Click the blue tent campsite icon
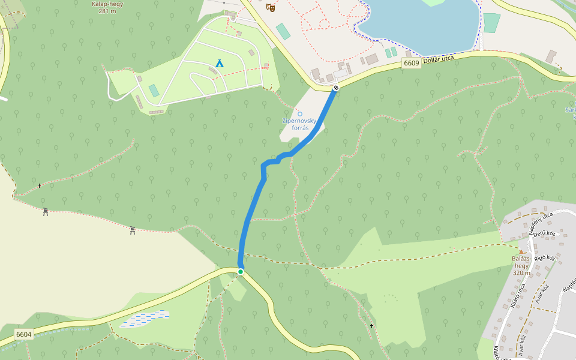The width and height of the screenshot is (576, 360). [220, 63]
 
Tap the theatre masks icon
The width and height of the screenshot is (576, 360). [271, 7]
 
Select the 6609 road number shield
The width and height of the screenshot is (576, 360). [411, 63]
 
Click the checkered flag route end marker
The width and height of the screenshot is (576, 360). [336, 88]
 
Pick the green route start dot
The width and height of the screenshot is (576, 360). [241, 272]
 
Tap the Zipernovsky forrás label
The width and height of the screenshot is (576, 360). [295, 124]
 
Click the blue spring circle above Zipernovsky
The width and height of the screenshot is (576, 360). [300, 114]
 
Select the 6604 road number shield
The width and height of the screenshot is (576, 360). [24, 334]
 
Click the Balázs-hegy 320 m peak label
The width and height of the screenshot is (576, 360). [521, 266]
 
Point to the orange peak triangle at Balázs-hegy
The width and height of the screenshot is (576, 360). [521, 252]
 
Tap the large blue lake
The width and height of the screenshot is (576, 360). [420, 24]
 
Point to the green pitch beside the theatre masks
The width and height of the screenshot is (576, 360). [283, 31]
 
